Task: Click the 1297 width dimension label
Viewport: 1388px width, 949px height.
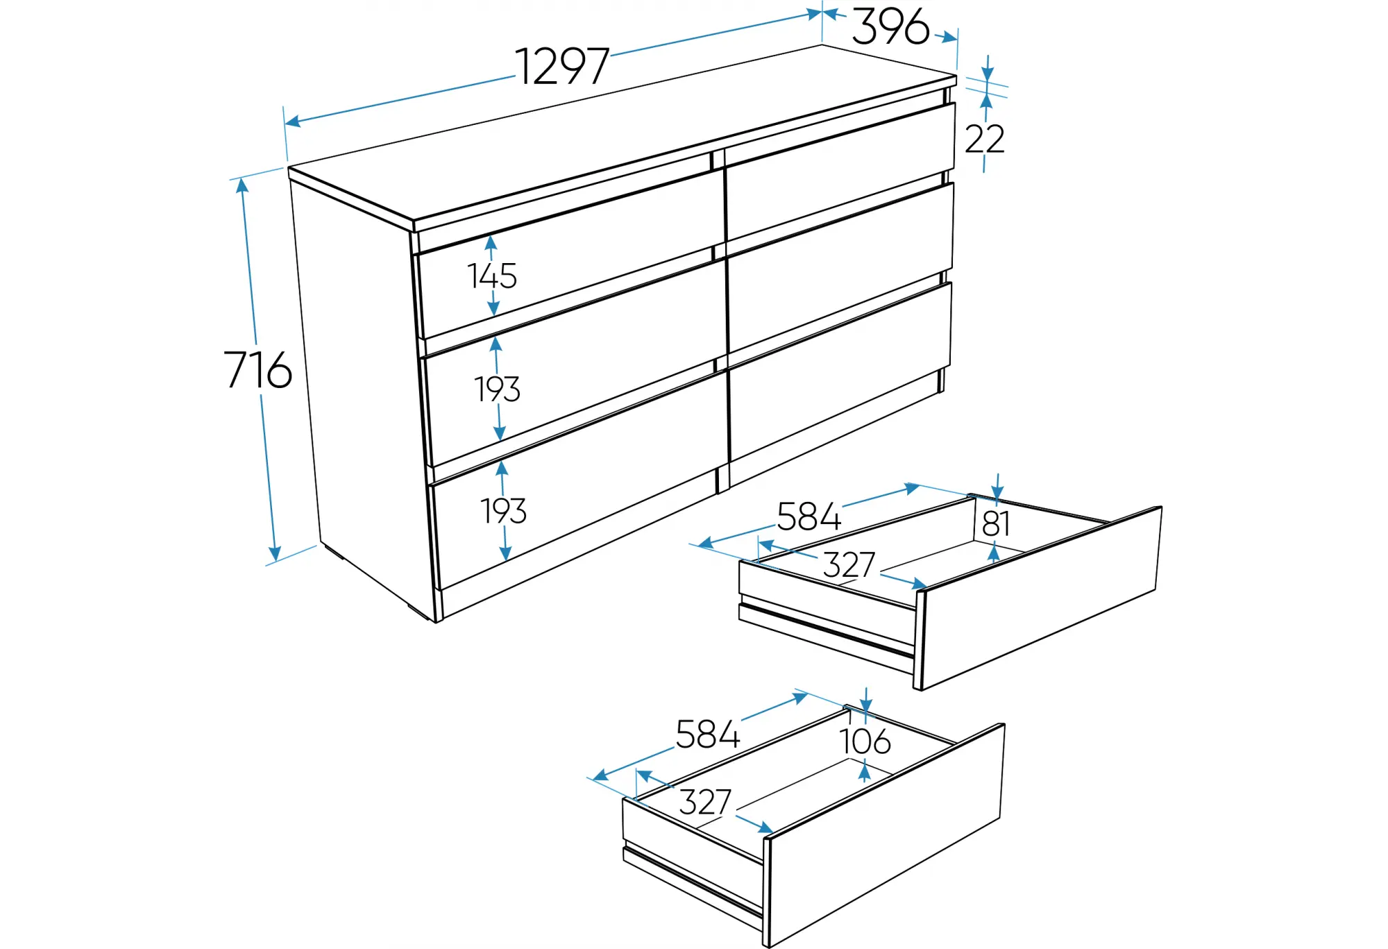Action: pyautogui.click(x=562, y=67)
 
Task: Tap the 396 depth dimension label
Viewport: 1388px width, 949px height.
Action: pyautogui.click(x=890, y=26)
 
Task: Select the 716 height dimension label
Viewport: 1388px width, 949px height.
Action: pyautogui.click(x=257, y=369)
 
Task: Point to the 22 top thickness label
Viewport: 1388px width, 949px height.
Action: pyautogui.click(x=984, y=139)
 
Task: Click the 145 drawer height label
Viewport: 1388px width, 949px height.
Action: pyautogui.click(x=492, y=276)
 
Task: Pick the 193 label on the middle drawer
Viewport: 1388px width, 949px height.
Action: pyautogui.click(x=497, y=389)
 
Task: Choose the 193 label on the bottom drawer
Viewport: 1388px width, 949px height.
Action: pyautogui.click(x=504, y=511)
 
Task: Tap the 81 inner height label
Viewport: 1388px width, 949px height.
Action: pyautogui.click(x=996, y=523)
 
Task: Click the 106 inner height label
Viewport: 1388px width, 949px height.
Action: pyautogui.click(x=865, y=741)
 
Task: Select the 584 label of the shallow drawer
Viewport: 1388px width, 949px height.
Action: pyautogui.click(x=809, y=517)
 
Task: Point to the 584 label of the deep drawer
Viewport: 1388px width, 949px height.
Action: pyautogui.click(x=707, y=734)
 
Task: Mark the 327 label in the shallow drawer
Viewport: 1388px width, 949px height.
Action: pyautogui.click(x=849, y=564)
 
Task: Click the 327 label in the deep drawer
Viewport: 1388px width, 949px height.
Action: pyautogui.click(x=705, y=802)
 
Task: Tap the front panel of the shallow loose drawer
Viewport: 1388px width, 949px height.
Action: pyautogui.click(x=1039, y=598)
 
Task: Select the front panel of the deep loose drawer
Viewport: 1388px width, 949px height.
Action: pyautogui.click(x=884, y=835)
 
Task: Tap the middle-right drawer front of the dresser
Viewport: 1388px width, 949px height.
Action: pyautogui.click(x=840, y=269)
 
